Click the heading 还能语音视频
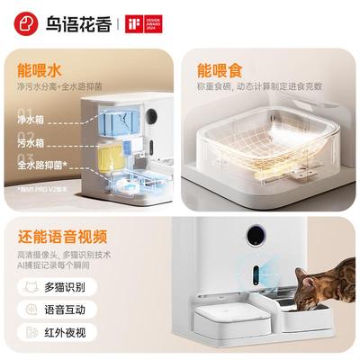[62, 238]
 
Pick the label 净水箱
[31, 119]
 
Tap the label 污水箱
[31, 142]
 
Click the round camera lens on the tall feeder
[257, 235]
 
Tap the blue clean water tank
[117, 121]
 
